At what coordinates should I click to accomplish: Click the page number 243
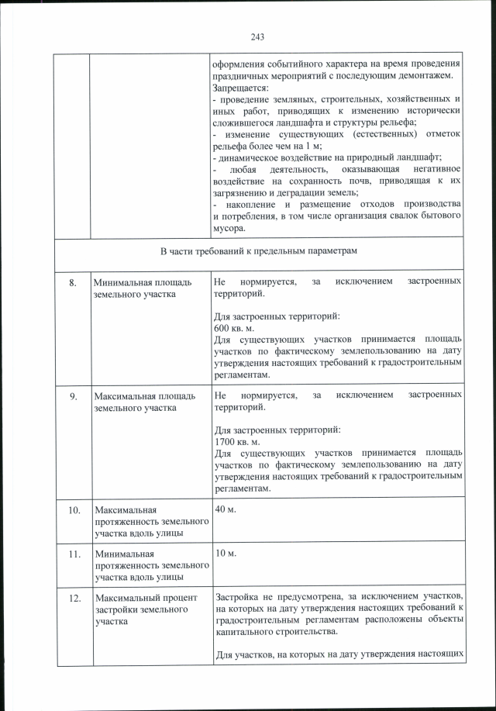point(258,36)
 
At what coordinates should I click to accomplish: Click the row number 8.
point(72,283)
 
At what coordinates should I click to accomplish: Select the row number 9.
point(72,397)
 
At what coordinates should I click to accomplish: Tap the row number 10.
point(72,510)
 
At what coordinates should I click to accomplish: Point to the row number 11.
point(72,554)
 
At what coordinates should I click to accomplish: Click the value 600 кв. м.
point(235,328)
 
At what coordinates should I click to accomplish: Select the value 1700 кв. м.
point(237,441)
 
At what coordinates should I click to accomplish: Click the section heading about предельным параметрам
point(259,251)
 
